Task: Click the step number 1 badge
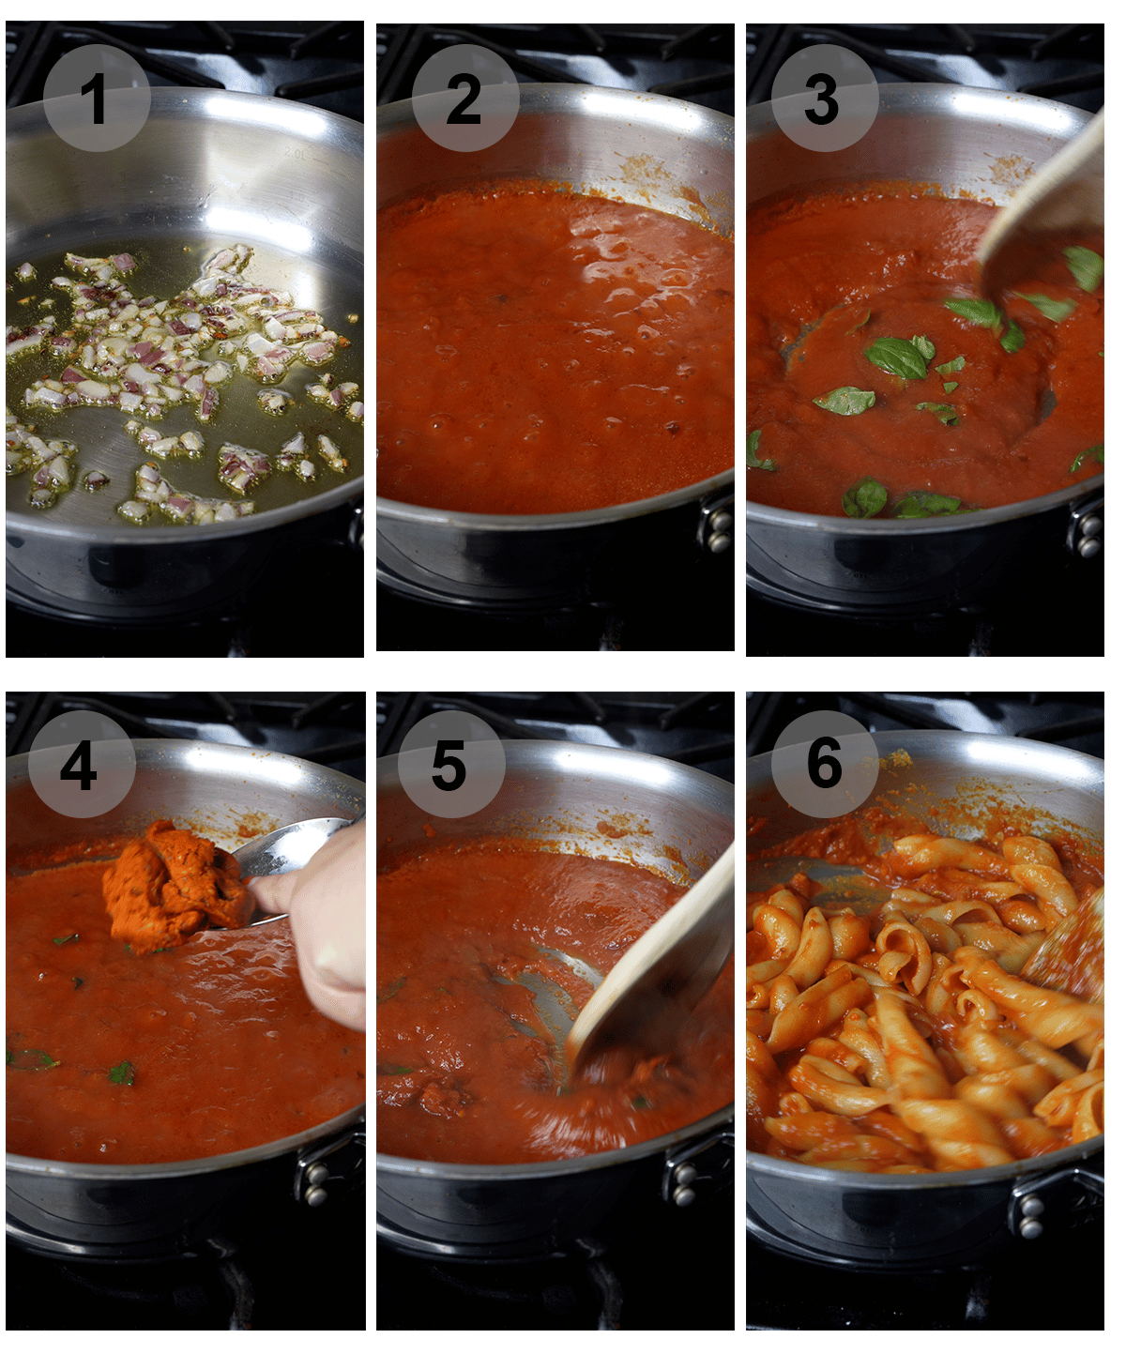(x=97, y=98)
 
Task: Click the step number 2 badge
(x=465, y=98)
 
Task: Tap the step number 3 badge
(x=825, y=98)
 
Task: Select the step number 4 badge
(x=82, y=764)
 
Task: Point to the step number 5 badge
(x=451, y=764)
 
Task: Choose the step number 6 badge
(x=825, y=764)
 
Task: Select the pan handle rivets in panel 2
(x=719, y=530)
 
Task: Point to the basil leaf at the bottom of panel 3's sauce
(x=864, y=497)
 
